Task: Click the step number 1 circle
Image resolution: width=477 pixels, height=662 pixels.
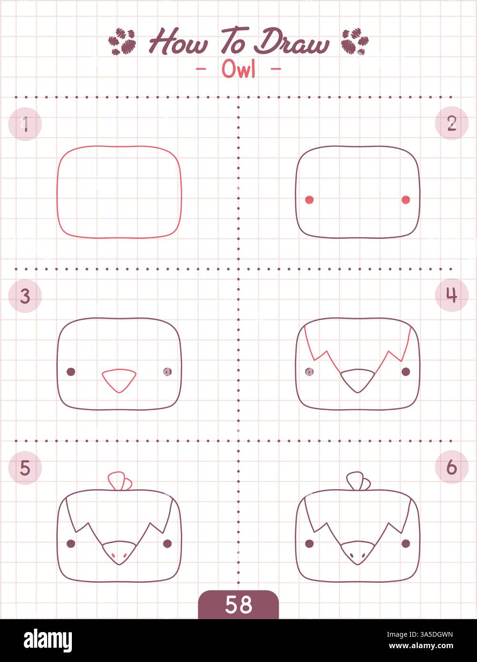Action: pyautogui.click(x=25, y=124)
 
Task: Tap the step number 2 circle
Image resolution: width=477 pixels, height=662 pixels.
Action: pyautogui.click(x=452, y=123)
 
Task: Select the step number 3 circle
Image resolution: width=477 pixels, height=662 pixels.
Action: pyautogui.click(x=25, y=296)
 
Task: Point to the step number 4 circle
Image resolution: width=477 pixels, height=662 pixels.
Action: pyautogui.click(x=452, y=295)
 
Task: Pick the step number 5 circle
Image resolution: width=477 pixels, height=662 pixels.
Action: pyautogui.click(x=25, y=468)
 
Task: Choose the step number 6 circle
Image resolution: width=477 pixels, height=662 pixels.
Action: pyautogui.click(x=452, y=467)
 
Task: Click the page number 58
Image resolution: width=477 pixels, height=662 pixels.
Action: pyautogui.click(x=238, y=605)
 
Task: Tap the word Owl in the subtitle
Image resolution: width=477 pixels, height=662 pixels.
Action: pyautogui.click(x=238, y=70)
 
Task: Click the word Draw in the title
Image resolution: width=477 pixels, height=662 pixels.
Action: pyautogui.click(x=291, y=43)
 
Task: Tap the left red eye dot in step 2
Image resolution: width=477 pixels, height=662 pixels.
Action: pyautogui.click(x=309, y=200)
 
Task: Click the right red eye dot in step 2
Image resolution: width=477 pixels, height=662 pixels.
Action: pyautogui.click(x=406, y=200)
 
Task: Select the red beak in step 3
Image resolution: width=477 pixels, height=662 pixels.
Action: pyautogui.click(x=119, y=380)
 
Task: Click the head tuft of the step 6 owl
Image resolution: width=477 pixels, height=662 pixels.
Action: pyautogui.click(x=358, y=480)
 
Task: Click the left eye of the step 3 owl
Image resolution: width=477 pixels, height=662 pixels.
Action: pyautogui.click(x=71, y=371)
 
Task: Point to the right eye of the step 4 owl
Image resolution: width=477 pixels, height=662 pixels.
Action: pyautogui.click(x=406, y=371)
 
